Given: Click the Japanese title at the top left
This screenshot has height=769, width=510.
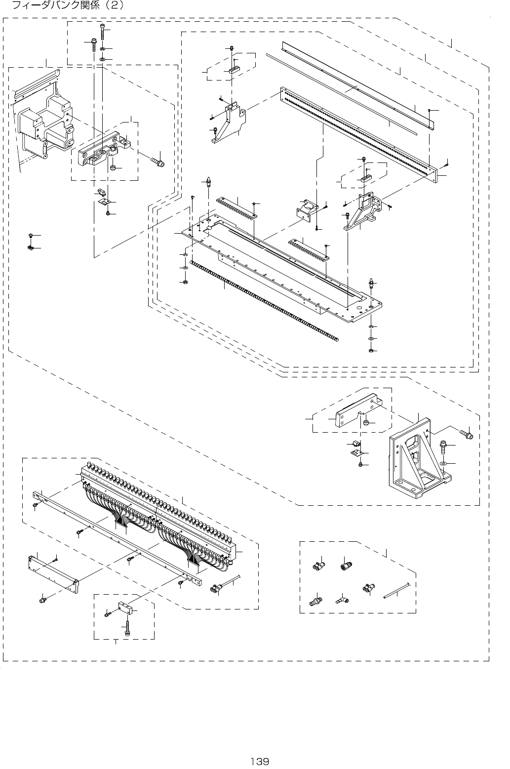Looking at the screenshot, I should [64, 6].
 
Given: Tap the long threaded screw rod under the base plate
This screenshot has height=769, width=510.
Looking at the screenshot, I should [264, 301].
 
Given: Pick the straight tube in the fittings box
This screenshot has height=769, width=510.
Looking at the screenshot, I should [396, 591].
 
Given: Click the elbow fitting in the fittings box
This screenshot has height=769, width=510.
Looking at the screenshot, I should [341, 599].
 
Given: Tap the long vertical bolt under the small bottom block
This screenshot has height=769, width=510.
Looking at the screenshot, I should [127, 627].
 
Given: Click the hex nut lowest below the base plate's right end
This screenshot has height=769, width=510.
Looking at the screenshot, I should [371, 351].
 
